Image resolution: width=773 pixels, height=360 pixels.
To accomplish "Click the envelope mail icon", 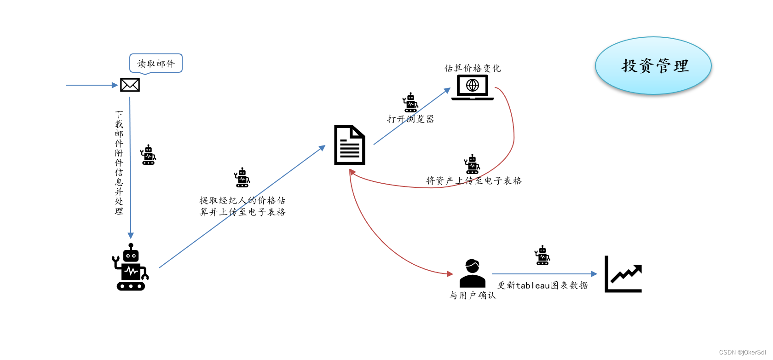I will [130, 85].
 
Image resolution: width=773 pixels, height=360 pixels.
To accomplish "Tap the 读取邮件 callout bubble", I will [156, 64].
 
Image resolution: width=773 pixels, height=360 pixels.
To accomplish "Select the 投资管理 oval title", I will [653, 66].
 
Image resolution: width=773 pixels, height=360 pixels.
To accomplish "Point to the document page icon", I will [350, 145].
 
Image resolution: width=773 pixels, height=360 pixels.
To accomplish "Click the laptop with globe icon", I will [473, 87].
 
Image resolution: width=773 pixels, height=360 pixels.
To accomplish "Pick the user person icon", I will [473, 273].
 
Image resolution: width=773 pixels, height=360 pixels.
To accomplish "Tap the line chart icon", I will [623, 274].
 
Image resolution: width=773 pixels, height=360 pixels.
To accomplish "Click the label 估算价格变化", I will [473, 68].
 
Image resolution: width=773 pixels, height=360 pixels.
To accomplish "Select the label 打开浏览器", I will [410, 119].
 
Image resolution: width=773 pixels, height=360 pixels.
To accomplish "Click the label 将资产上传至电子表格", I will [474, 181].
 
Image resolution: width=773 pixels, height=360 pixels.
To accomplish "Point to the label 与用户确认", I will [473, 296].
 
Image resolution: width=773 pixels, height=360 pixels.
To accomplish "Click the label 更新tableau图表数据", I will [543, 285].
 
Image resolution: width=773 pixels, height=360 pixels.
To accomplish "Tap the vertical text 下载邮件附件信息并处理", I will [119, 163].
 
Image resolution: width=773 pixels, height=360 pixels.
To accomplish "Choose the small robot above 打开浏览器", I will [410, 103].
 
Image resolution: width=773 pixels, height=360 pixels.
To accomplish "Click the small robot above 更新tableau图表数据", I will [542, 255].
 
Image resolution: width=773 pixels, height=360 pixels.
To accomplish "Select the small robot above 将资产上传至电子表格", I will [472, 164].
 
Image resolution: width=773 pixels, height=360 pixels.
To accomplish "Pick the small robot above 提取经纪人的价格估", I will [242, 178].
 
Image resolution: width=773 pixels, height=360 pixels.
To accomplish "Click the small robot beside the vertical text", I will [148, 155].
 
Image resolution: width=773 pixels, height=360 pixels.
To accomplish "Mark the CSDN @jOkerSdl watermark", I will [742, 353].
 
